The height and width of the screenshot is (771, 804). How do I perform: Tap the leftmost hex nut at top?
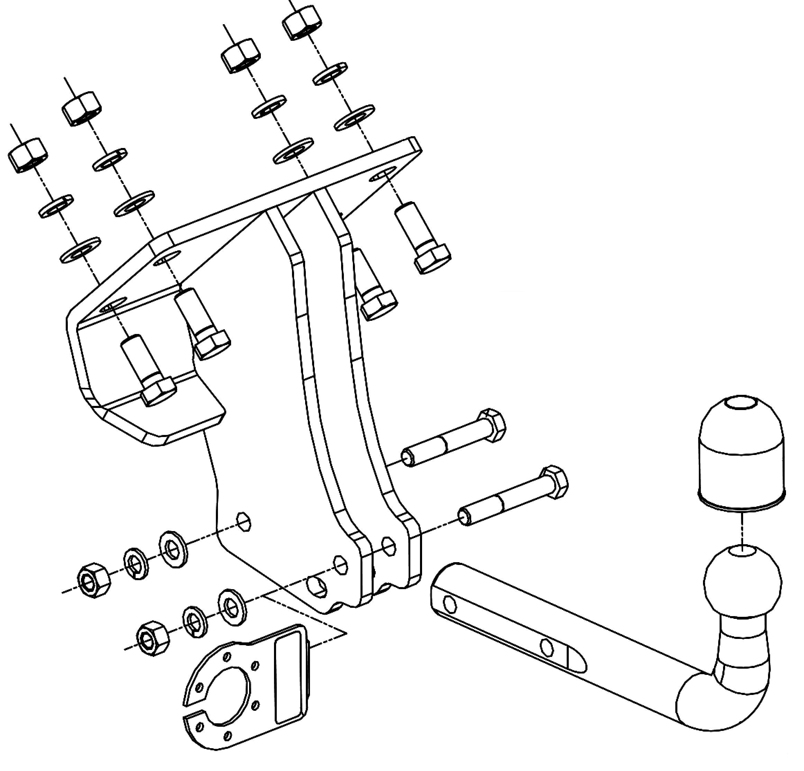click(27, 155)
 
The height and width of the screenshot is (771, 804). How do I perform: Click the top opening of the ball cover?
click(741, 404)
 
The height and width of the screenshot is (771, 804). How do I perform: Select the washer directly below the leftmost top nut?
click(56, 206)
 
